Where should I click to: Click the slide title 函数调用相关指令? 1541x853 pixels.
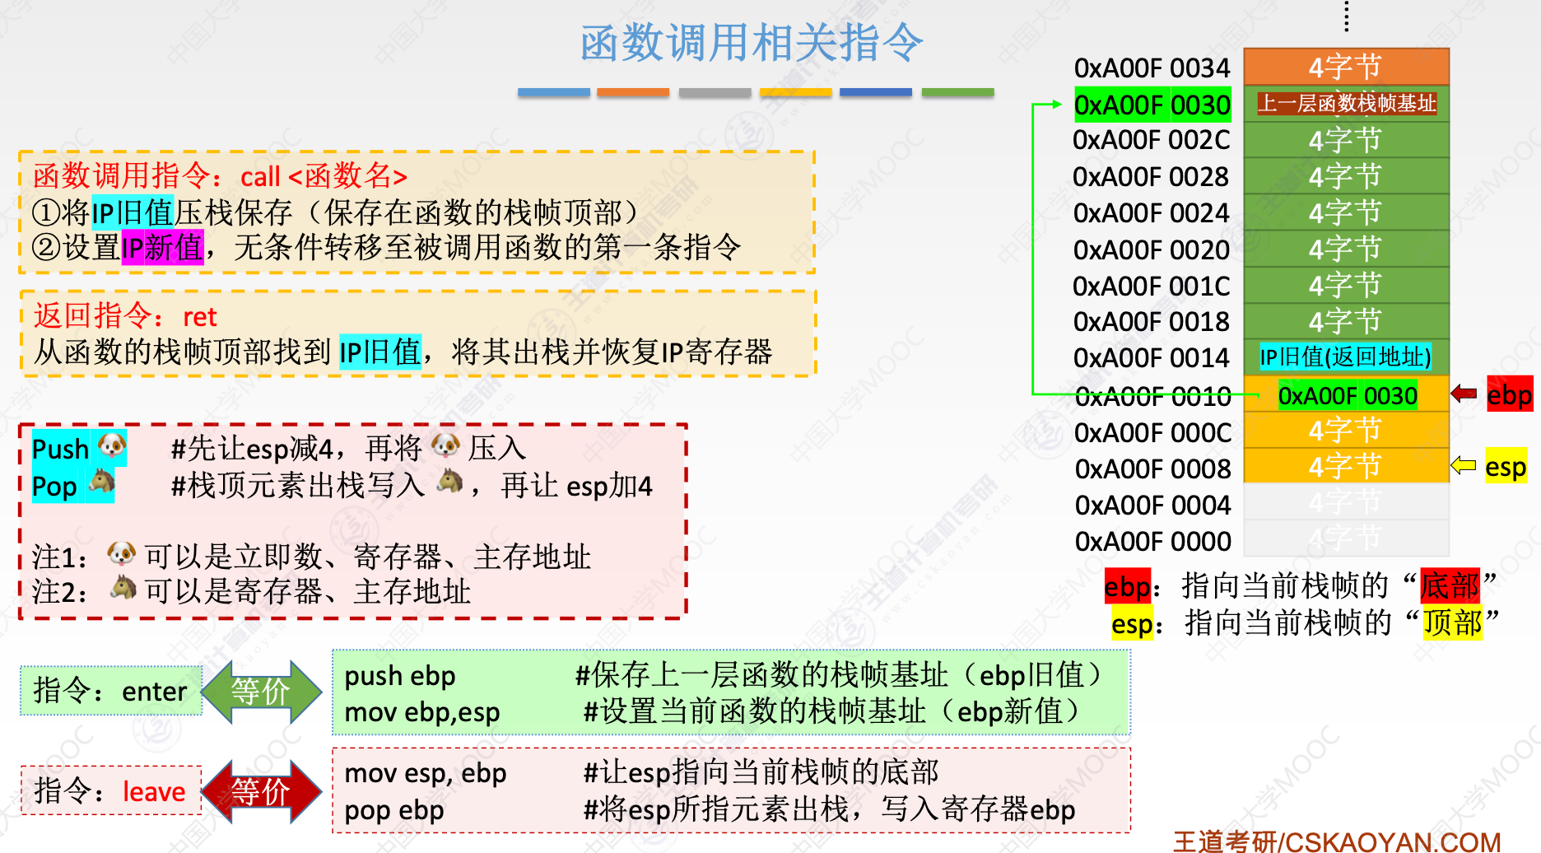(x=751, y=43)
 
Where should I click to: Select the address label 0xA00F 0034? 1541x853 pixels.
(x=1152, y=68)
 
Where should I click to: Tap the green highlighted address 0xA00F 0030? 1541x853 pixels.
(x=1152, y=105)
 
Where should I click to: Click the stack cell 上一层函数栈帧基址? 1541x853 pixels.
(x=1347, y=104)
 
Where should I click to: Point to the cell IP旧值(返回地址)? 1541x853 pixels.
(x=1346, y=357)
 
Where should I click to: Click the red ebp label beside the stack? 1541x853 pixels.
(x=1509, y=395)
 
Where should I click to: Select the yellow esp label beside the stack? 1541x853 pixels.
(x=1506, y=468)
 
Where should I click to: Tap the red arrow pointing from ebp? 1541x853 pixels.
(x=1464, y=394)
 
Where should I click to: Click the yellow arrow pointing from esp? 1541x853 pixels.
(x=1463, y=466)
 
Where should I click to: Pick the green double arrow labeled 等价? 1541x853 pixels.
(x=261, y=692)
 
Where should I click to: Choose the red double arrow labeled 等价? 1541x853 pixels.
(x=261, y=792)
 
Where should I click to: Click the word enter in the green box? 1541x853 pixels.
(x=155, y=692)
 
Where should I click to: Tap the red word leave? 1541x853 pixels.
(x=154, y=792)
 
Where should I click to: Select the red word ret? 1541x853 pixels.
(x=200, y=317)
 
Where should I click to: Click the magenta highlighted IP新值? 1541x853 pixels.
(x=163, y=248)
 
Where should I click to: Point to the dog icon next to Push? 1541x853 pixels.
(x=112, y=446)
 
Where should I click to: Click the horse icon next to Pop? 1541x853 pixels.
(x=102, y=481)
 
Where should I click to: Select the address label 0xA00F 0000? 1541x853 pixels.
(x=1152, y=542)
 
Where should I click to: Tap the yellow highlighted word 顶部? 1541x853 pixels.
(x=1453, y=623)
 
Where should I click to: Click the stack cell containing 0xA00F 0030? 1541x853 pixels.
(x=1347, y=396)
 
